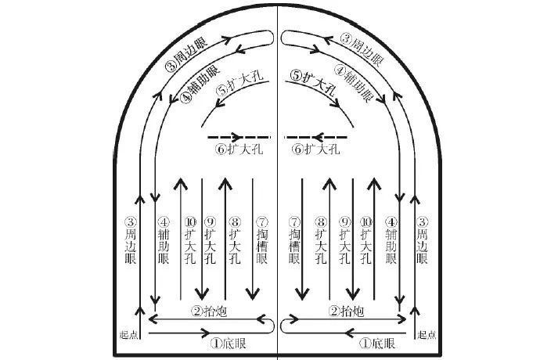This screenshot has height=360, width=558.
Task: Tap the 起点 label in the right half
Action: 427,334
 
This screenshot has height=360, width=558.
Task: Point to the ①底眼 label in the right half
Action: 376,344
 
